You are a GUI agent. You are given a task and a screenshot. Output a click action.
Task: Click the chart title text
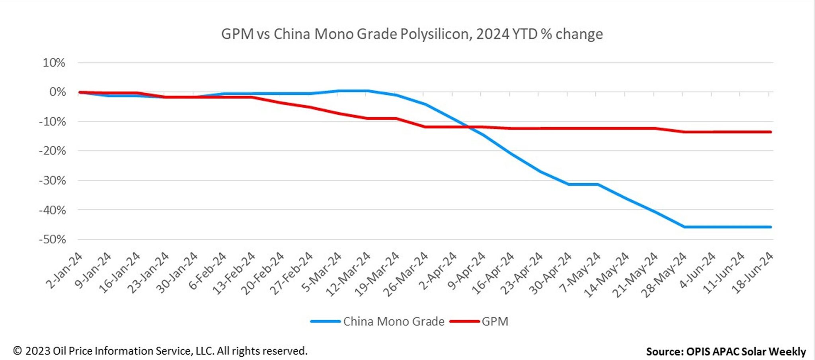click(412, 34)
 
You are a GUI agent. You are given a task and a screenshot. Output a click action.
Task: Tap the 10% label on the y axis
click(54, 63)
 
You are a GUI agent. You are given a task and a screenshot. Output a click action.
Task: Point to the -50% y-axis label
click(52, 239)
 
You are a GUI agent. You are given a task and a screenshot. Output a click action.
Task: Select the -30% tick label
click(52, 181)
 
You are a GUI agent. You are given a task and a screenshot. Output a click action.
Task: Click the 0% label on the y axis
click(57, 92)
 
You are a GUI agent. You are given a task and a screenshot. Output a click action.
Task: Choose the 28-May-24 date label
click(664, 274)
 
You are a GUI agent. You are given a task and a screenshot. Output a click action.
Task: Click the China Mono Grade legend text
click(394, 321)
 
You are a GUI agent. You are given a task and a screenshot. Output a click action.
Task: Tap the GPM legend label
click(495, 321)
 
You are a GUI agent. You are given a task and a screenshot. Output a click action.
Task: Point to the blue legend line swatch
click(326, 321)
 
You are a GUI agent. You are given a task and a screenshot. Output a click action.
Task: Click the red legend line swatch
click(464, 321)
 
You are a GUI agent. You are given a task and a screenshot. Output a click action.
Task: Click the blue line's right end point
click(770, 227)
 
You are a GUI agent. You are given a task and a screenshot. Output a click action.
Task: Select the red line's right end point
click(770, 132)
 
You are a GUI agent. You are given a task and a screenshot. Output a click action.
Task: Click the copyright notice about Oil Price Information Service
click(160, 351)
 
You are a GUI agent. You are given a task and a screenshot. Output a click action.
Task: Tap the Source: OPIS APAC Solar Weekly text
click(726, 352)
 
